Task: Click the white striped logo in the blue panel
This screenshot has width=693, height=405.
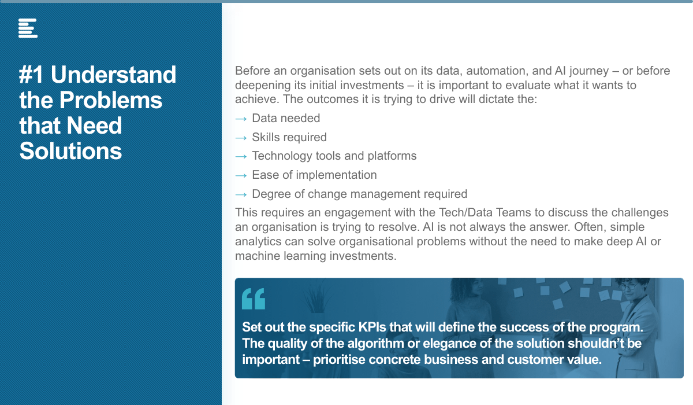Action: click(28, 28)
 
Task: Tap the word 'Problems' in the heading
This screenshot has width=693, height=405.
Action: click(110, 100)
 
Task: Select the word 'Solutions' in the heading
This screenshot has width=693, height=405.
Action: click(70, 151)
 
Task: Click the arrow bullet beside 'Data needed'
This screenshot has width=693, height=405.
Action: click(241, 119)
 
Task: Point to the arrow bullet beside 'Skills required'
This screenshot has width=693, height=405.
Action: click(241, 138)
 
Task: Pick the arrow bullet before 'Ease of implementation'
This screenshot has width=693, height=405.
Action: click(241, 176)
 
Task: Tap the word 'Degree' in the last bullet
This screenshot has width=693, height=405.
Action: click(271, 194)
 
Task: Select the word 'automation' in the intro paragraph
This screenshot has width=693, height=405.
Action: click(495, 71)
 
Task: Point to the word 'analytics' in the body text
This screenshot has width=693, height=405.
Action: click(258, 242)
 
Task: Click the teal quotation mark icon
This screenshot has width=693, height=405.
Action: click(254, 299)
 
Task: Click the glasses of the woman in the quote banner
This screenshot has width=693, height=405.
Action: click(629, 286)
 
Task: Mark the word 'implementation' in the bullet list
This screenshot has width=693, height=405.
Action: click(337, 175)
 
